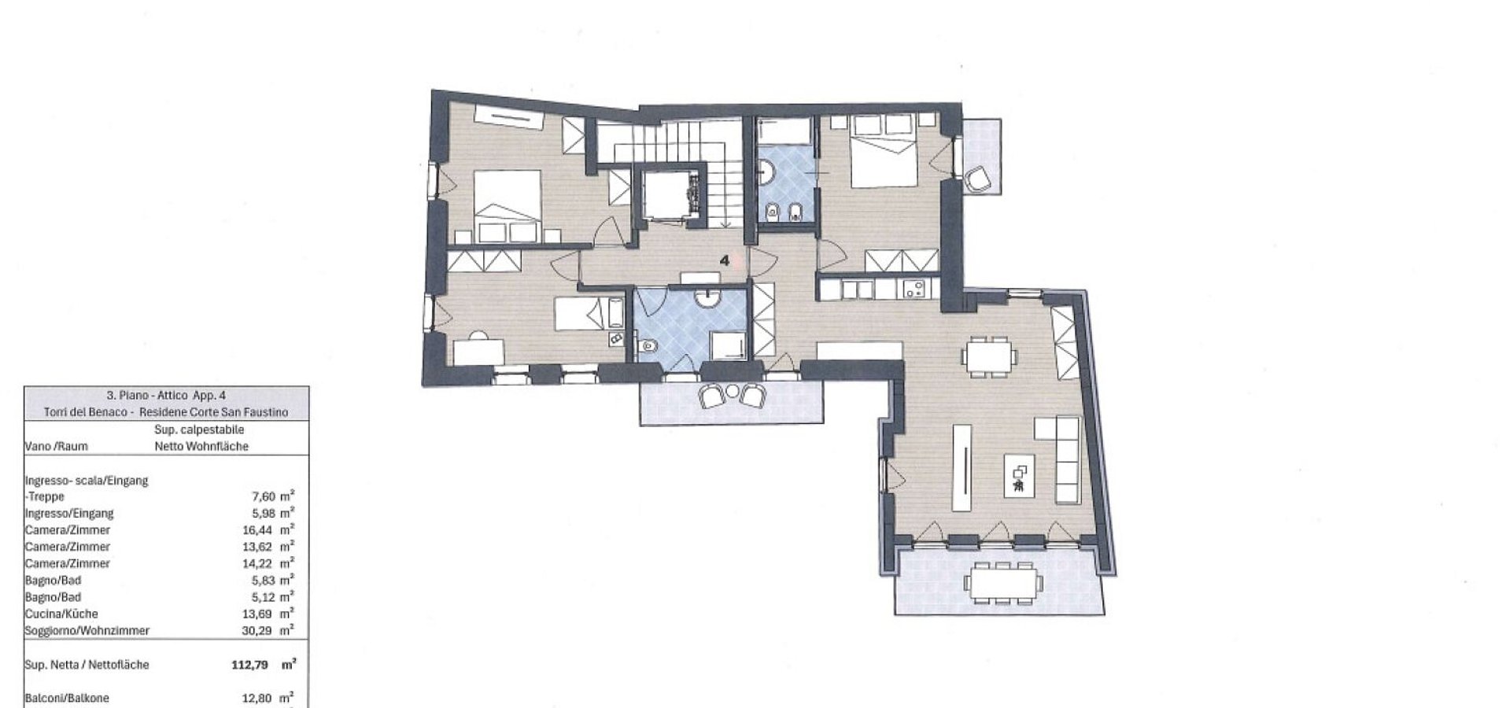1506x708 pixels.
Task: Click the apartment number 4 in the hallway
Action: pos(725,260)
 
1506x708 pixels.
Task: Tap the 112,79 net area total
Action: pos(250,665)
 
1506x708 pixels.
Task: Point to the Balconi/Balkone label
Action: pos(67,698)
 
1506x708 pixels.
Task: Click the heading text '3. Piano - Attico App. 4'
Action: pos(166,396)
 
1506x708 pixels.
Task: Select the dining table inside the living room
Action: pos(989,356)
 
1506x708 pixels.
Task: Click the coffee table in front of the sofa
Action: pos(1019,475)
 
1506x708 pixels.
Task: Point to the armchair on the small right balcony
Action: pos(978,179)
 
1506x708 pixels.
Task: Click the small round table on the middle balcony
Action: pos(733,391)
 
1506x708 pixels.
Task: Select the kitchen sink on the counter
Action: pos(914,289)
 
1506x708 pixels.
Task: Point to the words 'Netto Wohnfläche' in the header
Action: pos(201,446)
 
